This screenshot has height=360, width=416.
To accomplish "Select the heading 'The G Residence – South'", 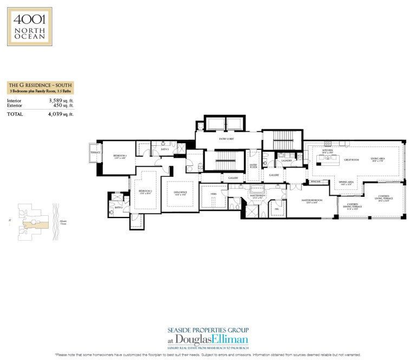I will click(x=40, y=85).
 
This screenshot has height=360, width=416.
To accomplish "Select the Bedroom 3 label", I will click(x=119, y=156).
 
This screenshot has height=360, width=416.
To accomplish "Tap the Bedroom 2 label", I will click(x=145, y=191).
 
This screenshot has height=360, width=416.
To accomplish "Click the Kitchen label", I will click(x=327, y=153).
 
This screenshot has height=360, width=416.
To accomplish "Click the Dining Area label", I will click(x=347, y=183).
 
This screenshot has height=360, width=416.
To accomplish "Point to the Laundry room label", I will click(x=287, y=160).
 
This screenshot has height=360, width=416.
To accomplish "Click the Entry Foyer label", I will click(x=253, y=166).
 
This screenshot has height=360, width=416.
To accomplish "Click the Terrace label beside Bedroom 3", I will click(x=95, y=153).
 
